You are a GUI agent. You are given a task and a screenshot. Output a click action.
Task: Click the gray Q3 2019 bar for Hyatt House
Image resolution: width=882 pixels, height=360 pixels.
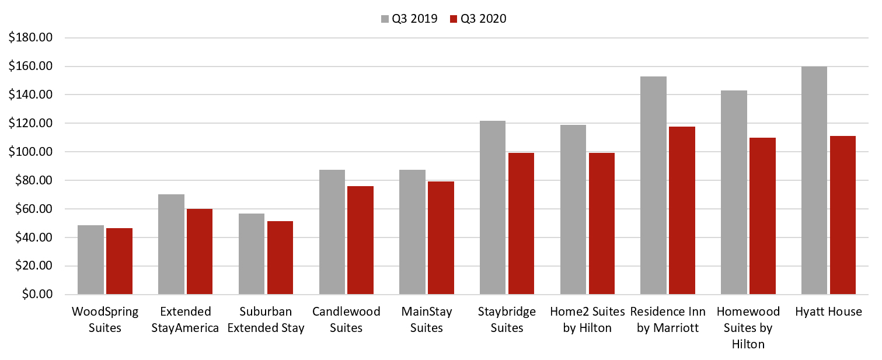tap(814, 180)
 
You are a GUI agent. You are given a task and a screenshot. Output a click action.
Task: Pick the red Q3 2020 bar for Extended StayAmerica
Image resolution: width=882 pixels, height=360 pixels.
tap(200, 251)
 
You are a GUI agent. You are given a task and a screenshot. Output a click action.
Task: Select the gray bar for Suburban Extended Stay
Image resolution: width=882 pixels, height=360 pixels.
tap(252, 254)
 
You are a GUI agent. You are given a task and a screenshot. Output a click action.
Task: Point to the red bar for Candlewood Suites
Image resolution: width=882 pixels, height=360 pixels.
tap(360, 240)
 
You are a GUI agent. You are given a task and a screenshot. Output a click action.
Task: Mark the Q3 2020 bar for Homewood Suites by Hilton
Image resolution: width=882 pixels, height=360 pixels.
tap(762, 216)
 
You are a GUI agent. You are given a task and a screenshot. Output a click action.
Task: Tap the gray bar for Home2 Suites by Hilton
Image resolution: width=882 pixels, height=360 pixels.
tap(573, 209)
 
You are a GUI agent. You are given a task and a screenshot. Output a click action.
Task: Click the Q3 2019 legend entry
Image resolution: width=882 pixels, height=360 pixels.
tap(409, 19)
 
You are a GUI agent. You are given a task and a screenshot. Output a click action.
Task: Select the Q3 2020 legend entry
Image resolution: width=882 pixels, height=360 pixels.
tap(477, 19)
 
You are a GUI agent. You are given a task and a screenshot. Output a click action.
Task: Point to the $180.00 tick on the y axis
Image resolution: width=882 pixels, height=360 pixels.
tap(30, 38)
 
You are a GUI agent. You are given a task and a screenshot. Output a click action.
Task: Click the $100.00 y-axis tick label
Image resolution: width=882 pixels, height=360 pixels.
tap(30, 152)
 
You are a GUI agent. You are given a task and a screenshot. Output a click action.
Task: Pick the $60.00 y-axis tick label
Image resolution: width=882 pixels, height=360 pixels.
tap(33, 209)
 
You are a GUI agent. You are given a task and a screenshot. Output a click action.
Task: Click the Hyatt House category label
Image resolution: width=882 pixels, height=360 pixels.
tap(828, 312)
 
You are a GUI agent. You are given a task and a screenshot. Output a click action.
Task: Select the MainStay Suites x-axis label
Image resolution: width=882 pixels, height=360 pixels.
tap(427, 320)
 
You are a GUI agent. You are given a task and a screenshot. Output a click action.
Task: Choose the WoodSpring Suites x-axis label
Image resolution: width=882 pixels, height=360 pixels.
tap(105, 320)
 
